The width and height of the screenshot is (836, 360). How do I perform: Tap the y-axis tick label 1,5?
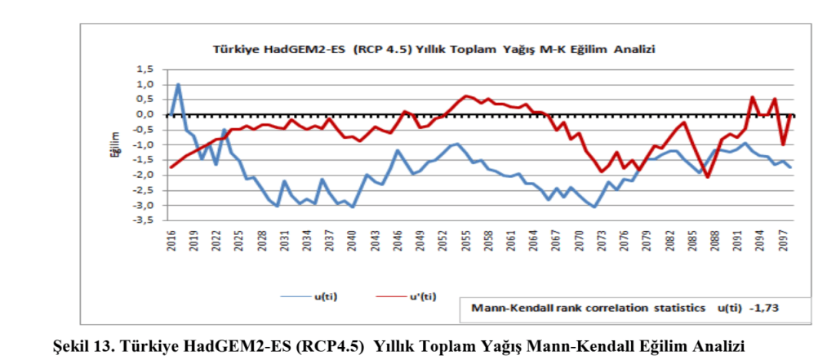pyautogui.click(x=145, y=69)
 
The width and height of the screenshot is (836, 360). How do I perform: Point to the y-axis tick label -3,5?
pyautogui.click(x=144, y=220)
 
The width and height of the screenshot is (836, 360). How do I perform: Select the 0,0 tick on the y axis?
pyautogui.click(x=145, y=114)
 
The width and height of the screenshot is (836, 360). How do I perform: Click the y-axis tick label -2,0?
pyautogui.click(x=144, y=175)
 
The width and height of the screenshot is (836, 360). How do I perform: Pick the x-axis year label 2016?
pyautogui.click(x=171, y=240)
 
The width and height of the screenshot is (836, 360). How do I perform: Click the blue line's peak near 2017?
pyautogui.click(x=178, y=84)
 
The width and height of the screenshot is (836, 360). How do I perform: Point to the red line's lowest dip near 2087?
pyautogui.click(x=707, y=177)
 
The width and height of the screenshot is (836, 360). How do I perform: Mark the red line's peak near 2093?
pyautogui.click(x=752, y=97)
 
